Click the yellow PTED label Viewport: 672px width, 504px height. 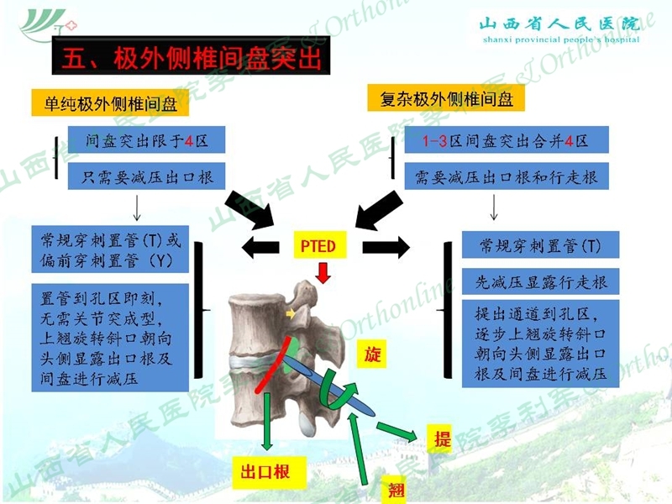click(x=319, y=245)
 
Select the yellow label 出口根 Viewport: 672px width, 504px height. click(x=269, y=472)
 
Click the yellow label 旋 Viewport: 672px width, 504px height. click(x=371, y=354)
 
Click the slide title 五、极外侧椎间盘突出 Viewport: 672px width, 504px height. click(x=192, y=56)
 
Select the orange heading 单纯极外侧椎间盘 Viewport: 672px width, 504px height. click(x=110, y=102)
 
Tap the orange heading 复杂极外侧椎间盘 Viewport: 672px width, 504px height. click(x=446, y=98)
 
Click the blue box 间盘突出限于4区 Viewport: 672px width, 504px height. click(x=146, y=139)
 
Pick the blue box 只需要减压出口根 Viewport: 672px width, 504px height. click(x=146, y=176)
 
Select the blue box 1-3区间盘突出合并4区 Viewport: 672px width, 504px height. click(x=507, y=139)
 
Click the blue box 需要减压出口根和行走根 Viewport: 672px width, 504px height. click(x=507, y=176)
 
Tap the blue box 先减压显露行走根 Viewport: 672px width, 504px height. click(x=540, y=281)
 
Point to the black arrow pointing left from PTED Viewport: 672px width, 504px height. click(x=260, y=247)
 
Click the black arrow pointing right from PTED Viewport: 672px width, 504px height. click(x=386, y=247)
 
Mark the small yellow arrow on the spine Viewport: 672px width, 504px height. click(x=291, y=314)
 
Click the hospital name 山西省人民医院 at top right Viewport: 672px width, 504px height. click(x=560, y=24)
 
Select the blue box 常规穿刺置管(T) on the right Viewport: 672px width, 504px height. click(x=540, y=244)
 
